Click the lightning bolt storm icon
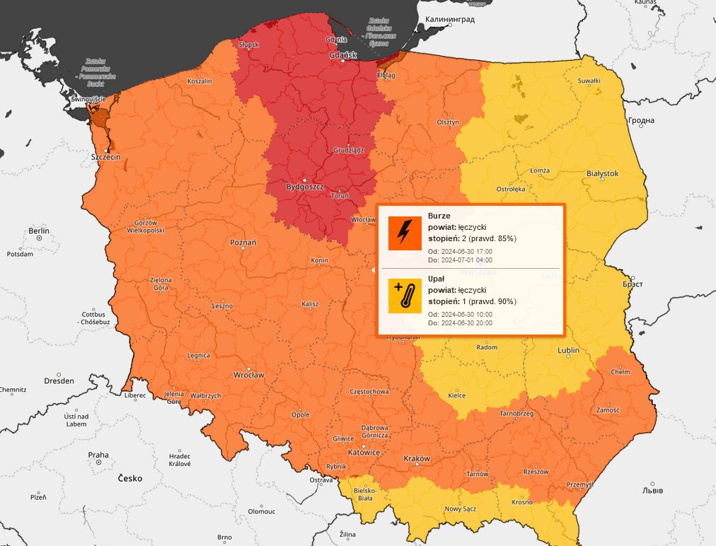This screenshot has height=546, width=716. pyautogui.click(x=405, y=233)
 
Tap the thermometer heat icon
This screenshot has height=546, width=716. pyautogui.click(x=405, y=295)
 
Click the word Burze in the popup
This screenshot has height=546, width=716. pyautogui.click(x=439, y=216)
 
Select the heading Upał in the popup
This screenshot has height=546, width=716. pyautogui.click(x=437, y=279)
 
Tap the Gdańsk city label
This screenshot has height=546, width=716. pyautogui.click(x=343, y=55)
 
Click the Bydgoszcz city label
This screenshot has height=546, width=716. pyautogui.click(x=304, y=187)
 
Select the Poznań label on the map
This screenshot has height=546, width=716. pyautogui.click(x=243, y=243)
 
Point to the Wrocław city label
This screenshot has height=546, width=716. pyautogui.click(x=249, y=374)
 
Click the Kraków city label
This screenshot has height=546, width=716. pyautogui.click(x=417, y=458)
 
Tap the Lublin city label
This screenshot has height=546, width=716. pyautogui.click(x=568, y=350)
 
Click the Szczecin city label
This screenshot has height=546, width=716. pyautogui.click(x=105, y=156)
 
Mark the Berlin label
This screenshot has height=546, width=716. pyautogui.click(x=39, y=231)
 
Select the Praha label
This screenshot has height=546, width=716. pyautogui.click(x=98, y=455)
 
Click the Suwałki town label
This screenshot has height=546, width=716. pyautogui.click(x=589, y=81)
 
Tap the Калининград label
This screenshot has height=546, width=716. pyautogui.click(x=449, y=20)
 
